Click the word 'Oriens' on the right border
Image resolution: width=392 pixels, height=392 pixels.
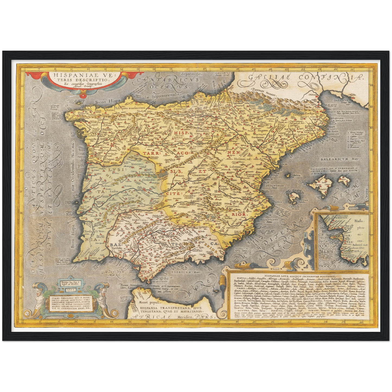366,194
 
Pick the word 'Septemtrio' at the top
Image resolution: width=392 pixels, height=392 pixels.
192,74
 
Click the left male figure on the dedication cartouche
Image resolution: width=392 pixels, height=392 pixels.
40,298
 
